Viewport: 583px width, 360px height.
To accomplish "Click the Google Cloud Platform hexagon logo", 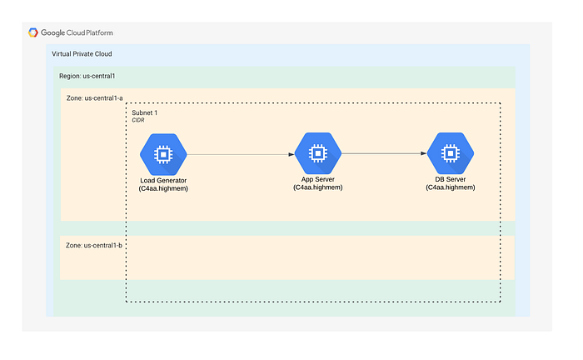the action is pos(33,32).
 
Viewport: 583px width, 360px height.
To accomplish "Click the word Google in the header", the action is pos(52,33).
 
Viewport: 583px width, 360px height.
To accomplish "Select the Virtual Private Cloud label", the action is pos(82,54).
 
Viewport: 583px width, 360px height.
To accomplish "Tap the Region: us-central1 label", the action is pos(87,76).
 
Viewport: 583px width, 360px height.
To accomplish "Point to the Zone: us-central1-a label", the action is pos(94,98).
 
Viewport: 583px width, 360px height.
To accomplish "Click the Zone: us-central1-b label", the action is pos(93,246).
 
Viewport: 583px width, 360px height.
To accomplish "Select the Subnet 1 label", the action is pos(145,112).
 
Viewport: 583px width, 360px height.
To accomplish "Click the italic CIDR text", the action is pos(138,120).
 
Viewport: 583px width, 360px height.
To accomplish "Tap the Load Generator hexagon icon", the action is pos(163,154).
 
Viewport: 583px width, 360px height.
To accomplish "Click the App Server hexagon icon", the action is pos(318,153).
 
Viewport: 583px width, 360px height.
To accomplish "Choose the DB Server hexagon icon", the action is pos(451,153).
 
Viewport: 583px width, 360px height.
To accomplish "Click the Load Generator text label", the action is pos(163,180).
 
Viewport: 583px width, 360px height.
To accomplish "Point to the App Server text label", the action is pos(318,179).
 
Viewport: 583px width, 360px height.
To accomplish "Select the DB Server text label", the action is pos(451,179).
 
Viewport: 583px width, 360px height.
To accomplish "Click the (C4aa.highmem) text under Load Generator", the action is pos(163,188).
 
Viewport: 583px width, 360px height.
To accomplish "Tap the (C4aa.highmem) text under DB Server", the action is pos(451,187).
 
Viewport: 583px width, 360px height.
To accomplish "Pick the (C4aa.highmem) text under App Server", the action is pos(318,187).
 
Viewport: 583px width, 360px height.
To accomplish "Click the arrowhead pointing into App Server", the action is pos(291,154).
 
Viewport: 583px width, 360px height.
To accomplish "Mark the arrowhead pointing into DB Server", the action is pos(424,153).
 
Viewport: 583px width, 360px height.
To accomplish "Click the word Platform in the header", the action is pos(99,32).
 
